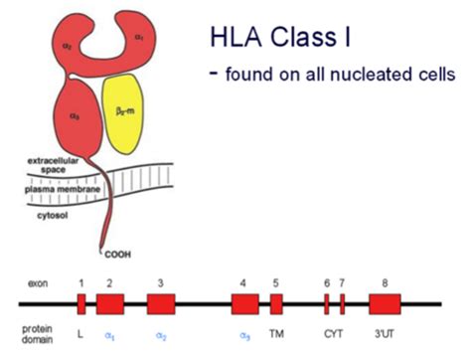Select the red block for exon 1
(x=82, y=304)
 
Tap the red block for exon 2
(x=110, y=304)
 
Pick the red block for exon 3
(x=161, y=304)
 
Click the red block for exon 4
(x=243, y=304)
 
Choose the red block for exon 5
(x=276, y=304)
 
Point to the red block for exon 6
(x=327, y=304)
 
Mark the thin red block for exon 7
(x=341, y=304)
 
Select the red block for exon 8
(x=385, y=304)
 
